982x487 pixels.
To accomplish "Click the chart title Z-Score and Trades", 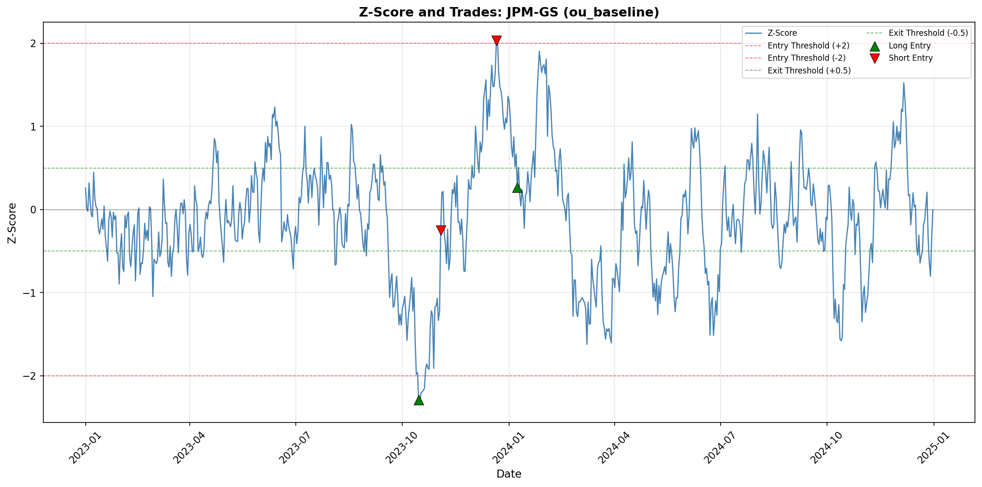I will (509, 12).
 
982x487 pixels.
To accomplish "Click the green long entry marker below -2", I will (419, 400).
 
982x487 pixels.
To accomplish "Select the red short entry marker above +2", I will (496, 41).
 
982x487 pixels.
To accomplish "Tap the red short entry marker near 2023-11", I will (441, 230).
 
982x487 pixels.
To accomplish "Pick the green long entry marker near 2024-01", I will (517, 187).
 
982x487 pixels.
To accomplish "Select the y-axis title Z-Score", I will (13, 223).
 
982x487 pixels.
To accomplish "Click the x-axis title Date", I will (509, 474).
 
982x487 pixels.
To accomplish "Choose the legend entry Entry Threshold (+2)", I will (808, 46).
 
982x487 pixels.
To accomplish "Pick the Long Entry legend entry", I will (909, 46).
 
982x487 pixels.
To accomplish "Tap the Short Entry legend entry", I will (910, 58).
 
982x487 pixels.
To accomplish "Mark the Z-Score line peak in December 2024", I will (903, 83).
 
